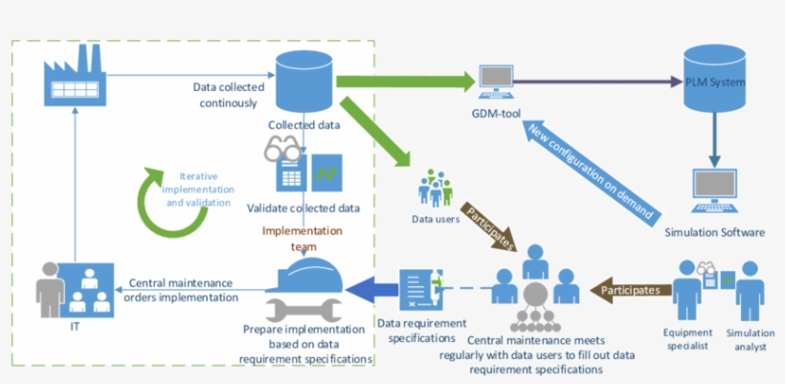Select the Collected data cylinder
click(x=303, y=82)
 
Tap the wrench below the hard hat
click(x=303, y=309)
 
